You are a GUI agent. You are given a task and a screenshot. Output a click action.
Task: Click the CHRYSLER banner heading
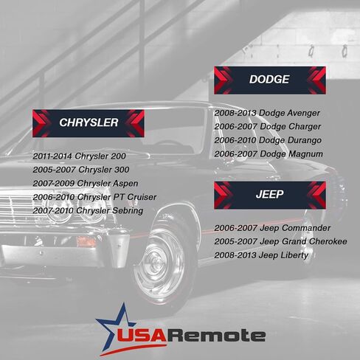89,122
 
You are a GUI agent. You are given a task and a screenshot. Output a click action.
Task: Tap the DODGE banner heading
269,80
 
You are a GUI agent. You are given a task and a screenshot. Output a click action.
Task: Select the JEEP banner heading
270,195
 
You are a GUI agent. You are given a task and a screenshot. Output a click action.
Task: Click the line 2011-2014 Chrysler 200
79,156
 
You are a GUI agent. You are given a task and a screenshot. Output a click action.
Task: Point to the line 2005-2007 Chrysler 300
81,170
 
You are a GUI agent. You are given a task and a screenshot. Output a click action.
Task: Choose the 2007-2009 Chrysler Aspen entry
86,184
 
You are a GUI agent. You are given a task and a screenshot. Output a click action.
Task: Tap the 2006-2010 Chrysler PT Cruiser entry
94,197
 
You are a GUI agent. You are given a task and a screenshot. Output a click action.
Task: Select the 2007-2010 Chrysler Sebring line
88,211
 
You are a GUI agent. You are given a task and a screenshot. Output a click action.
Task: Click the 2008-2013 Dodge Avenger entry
267,113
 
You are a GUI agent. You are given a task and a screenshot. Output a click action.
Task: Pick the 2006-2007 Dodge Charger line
268,127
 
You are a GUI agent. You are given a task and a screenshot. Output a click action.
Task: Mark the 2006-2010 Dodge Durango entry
268,140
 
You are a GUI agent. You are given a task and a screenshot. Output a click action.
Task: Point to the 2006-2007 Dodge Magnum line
269,154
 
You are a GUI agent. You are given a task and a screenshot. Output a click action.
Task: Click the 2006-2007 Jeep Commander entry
272,228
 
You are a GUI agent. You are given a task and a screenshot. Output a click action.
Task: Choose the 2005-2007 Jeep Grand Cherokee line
280,241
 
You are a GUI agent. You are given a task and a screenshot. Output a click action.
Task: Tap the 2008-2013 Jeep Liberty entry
261,255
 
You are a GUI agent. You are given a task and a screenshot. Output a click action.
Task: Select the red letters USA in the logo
142,335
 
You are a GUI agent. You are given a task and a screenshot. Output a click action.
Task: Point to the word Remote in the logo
216,335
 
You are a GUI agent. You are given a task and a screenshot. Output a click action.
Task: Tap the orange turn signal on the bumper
86,241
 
